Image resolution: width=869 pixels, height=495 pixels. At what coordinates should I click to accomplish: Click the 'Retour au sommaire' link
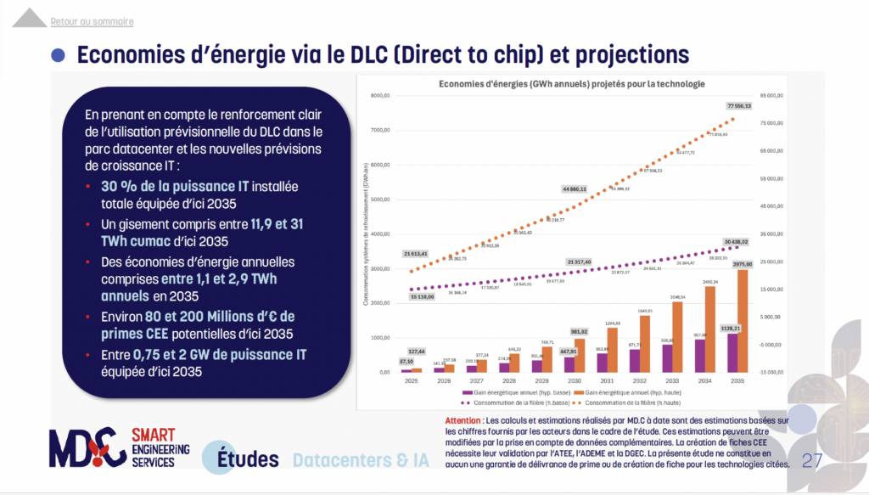92,21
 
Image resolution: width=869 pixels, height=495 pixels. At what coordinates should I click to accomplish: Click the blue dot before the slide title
58,54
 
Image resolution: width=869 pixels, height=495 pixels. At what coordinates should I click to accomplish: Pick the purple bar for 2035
731,353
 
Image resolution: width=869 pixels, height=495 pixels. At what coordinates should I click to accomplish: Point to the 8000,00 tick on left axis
379,96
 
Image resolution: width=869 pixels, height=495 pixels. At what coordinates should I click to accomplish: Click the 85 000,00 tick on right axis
769,96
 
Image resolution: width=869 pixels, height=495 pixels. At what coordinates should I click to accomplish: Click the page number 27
811,461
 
